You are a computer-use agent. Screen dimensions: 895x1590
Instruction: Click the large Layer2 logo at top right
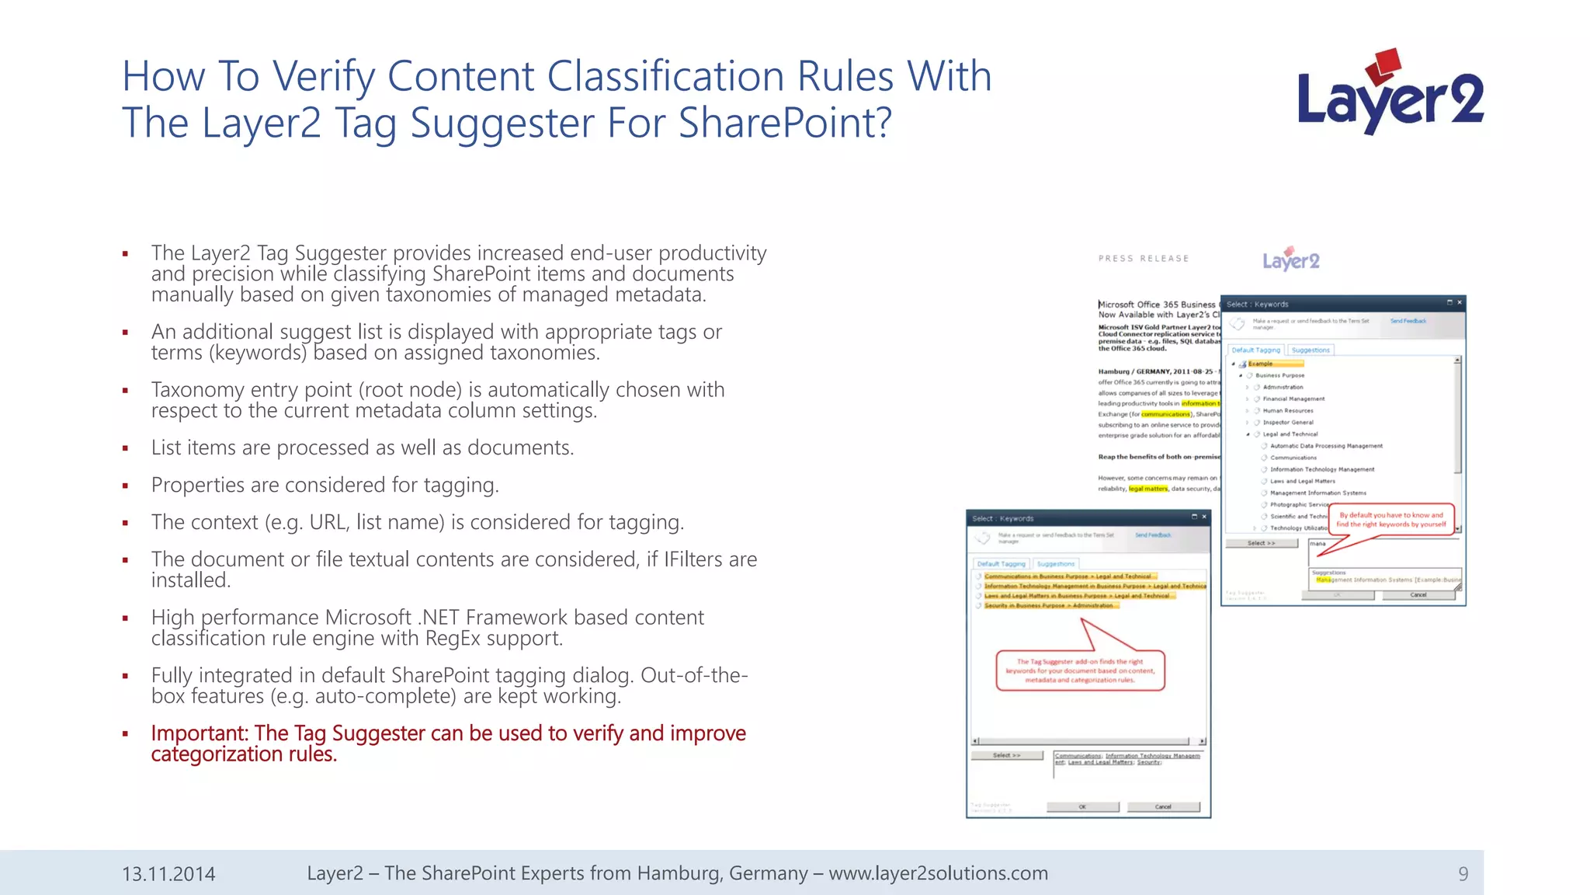coord(1390,93)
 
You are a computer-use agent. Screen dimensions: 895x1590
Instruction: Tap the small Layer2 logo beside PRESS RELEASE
coord(1290,259)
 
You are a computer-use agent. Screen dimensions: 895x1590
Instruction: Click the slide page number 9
coord(1463,874)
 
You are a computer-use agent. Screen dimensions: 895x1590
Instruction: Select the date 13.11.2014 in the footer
coord(168,874)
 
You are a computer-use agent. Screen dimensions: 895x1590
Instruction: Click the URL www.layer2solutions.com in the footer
coord(938,873)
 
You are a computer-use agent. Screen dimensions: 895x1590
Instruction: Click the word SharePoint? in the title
coord(785,123)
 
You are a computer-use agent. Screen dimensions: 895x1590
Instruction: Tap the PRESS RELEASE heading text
coord(1143,259)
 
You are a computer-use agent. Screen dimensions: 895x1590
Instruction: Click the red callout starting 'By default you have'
coord(1391,519)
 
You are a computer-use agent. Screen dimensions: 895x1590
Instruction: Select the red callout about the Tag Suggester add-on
coord(1080,671)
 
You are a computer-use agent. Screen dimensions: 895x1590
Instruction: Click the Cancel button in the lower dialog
coord(1163,806)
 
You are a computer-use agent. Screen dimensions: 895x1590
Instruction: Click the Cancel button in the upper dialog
coord(1418,595)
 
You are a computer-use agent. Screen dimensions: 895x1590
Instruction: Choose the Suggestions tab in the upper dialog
coord(1311,350)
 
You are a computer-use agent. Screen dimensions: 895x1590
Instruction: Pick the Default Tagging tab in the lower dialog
coord(1001,564)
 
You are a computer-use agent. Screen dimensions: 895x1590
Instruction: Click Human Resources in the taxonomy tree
coord(1287,411)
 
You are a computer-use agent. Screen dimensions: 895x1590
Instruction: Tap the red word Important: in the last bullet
coord(200,733)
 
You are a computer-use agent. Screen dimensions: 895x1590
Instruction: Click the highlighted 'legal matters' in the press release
coord(1147,489)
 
